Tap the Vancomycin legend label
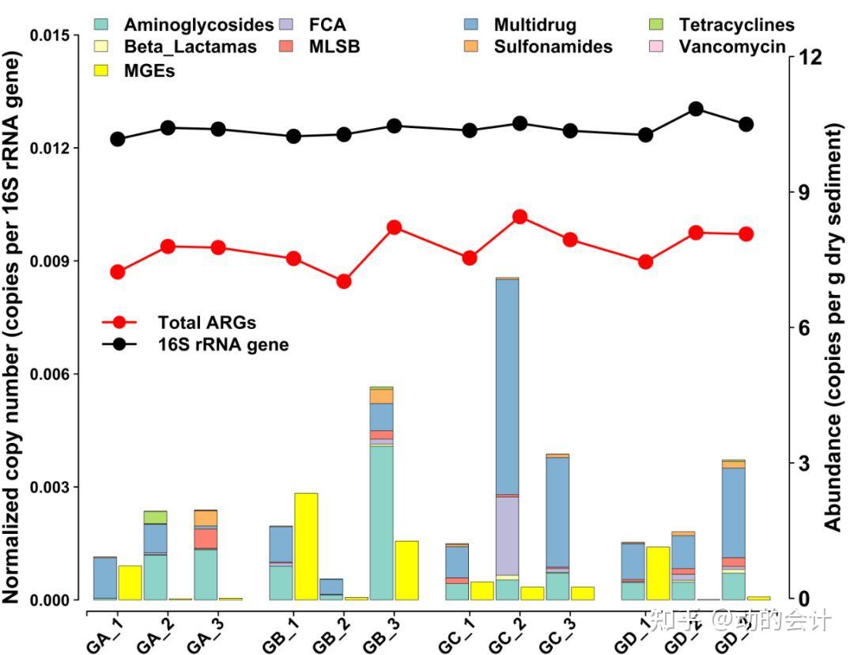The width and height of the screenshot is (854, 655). [x=732, y=47]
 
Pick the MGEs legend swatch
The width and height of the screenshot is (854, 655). [x=102, y=71]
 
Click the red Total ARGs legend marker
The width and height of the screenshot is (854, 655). [x=119, y=322]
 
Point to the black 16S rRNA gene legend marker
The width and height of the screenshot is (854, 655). [x=119, y=344]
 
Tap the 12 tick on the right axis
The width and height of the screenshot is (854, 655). [x=809, y=57]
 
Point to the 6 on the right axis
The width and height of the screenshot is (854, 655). [x=805, y=327]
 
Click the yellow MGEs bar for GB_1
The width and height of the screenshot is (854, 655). [x=306, y=546]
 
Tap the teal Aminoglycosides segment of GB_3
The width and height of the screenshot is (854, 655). [x=381, y=522]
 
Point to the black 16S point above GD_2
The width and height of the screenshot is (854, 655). [x=696, y=109]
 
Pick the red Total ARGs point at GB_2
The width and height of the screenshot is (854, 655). [x=344, y=282]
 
